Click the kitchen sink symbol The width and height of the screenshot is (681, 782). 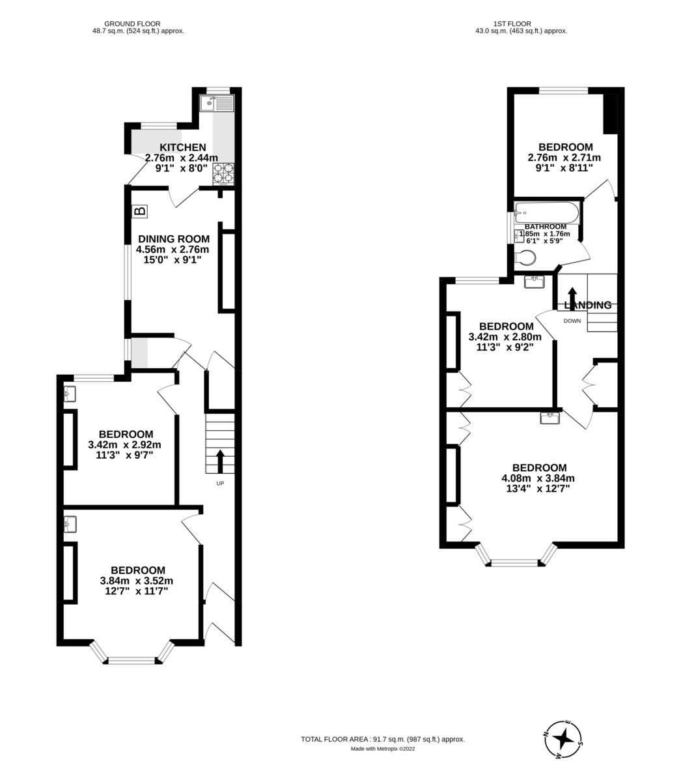pos(217,103)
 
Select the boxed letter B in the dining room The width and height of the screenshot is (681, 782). pos(139,211)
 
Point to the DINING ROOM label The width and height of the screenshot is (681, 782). pos(173,239)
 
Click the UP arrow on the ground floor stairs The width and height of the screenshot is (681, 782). pos(220,461)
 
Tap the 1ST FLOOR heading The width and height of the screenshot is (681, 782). pos(521,24)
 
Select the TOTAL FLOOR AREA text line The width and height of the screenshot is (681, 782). pos(382,739)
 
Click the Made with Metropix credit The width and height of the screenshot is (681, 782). pos(382,749)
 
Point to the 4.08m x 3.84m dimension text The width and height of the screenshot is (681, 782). pos(538,478)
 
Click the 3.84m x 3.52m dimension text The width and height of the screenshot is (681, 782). pos(137,581)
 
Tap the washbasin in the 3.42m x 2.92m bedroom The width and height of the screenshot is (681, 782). pos(70,394)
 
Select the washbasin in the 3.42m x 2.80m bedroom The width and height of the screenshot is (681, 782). pos(534,282)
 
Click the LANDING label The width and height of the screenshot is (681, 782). pos(589,305)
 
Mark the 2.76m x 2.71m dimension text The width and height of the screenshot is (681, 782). pos(564,158)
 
